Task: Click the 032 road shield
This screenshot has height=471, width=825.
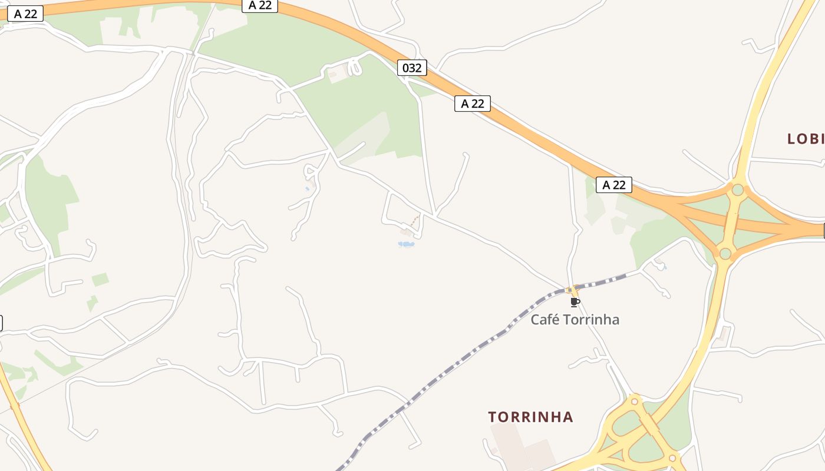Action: click(412, 68)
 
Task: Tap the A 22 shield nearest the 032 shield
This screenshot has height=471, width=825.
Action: click(473, 104)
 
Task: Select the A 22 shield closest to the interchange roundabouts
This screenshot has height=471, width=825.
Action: click(614, 185)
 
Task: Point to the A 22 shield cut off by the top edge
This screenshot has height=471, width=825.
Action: click(260, 5)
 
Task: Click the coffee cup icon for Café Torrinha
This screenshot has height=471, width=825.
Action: click(575, 303)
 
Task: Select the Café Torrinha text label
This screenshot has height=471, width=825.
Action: click(575, 320)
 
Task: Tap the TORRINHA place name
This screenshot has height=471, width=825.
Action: click(530, 417)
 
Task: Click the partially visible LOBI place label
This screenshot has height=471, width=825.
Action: click(806, 139)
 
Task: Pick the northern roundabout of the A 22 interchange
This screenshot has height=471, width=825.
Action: click(737, 190)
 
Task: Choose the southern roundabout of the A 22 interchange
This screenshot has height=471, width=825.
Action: click(725, 254)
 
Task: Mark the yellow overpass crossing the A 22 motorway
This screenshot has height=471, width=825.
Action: click(731, 221)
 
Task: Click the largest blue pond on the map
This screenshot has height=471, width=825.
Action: click(406, 244)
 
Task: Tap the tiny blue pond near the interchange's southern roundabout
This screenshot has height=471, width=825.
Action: click(664, 268)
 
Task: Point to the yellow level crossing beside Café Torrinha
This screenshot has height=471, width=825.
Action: click(571, 290)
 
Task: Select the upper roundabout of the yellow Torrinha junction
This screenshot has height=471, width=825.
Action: click(634, 402)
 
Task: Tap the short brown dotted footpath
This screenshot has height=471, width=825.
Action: click(415, 221)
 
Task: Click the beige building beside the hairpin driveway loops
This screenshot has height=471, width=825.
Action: click(338, 74)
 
